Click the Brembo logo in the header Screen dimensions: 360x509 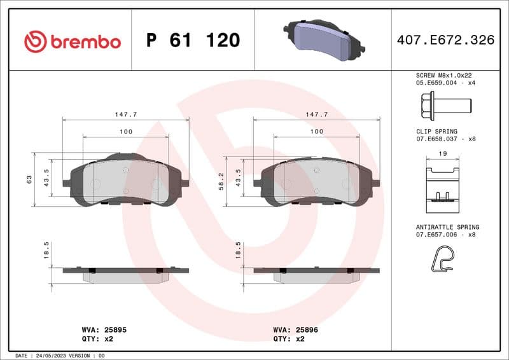tap(72, 41)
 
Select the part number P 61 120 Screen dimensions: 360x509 tap(193, 41)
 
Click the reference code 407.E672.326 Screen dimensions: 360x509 tap(445, 40)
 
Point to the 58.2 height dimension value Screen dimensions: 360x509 tap(221, 181)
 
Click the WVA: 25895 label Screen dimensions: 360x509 tap(104, 330)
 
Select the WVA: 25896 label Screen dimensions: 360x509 tap(295, 330)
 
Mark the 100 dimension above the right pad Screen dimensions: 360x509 tap(316, 131)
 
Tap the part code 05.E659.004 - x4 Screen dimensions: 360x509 tap(445, 82)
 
